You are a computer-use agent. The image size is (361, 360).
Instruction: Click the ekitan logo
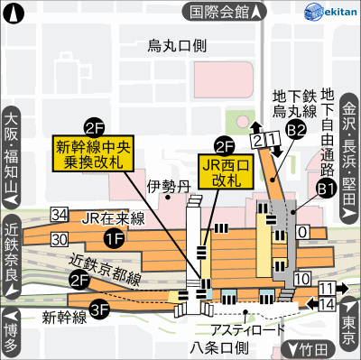331,12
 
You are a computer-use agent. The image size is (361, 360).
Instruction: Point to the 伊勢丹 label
163,186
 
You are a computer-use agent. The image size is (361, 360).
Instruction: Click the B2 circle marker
295,132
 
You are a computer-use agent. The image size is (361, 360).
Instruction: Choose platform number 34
60,215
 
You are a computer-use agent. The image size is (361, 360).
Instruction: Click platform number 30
60,239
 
